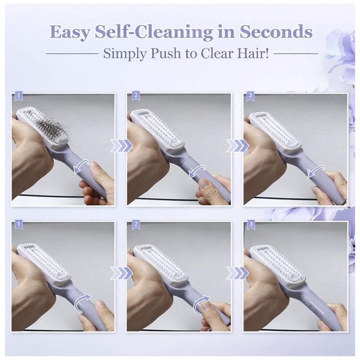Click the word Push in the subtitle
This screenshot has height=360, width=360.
pyautogui.click(x=168, y=54)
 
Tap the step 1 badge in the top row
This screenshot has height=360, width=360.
pyautogui.click(x=18, y=96)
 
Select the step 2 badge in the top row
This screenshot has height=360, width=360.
pyautogui.click(x=135, y=96)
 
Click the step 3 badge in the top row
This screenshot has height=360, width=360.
pyautogui.click(x=251, y=96)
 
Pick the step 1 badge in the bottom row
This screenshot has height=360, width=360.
pyautogui.click(x=18, y=224)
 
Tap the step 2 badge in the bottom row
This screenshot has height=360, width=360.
pyautogui.click(x=135, y=224)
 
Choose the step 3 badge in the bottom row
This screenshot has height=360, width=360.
pyautogui.click(x=251, y=224)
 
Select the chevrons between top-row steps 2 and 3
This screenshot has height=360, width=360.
pyautogui.click(x=237, y=145)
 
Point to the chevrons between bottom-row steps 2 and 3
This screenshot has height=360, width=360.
pyautogui.click(x=237, y=273)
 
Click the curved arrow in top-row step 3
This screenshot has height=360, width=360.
pyautogui.click(x=315, y=171)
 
